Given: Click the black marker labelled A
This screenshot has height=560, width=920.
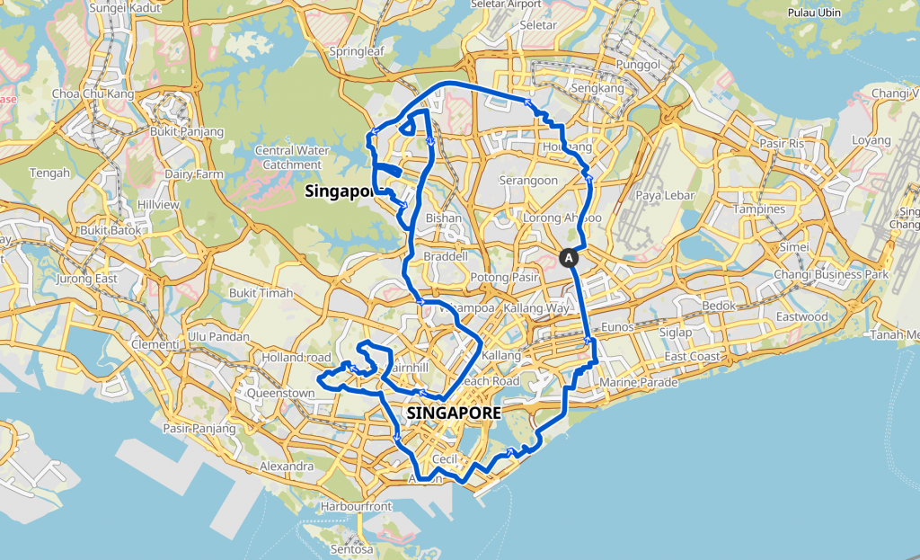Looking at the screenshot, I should coord(569,257).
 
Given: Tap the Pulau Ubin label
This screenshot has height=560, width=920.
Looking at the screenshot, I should coord(812,13).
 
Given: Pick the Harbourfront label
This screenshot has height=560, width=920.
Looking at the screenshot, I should coord(357,506).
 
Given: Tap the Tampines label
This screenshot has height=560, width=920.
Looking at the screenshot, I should coord(759,209).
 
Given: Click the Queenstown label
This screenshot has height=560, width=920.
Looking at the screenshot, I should coord(285,393).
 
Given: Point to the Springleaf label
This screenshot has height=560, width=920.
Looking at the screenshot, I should coord(357,51).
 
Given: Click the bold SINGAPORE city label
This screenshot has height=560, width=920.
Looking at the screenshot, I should coord(453,413).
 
